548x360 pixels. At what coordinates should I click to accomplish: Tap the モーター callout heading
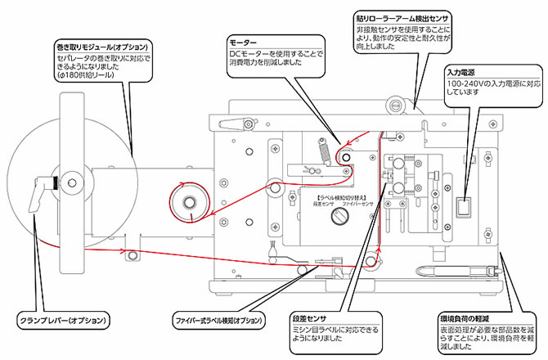244,42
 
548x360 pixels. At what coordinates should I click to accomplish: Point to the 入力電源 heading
463,72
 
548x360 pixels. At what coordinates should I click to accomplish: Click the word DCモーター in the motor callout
246,54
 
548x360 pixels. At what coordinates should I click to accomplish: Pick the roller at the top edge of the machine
399,104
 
